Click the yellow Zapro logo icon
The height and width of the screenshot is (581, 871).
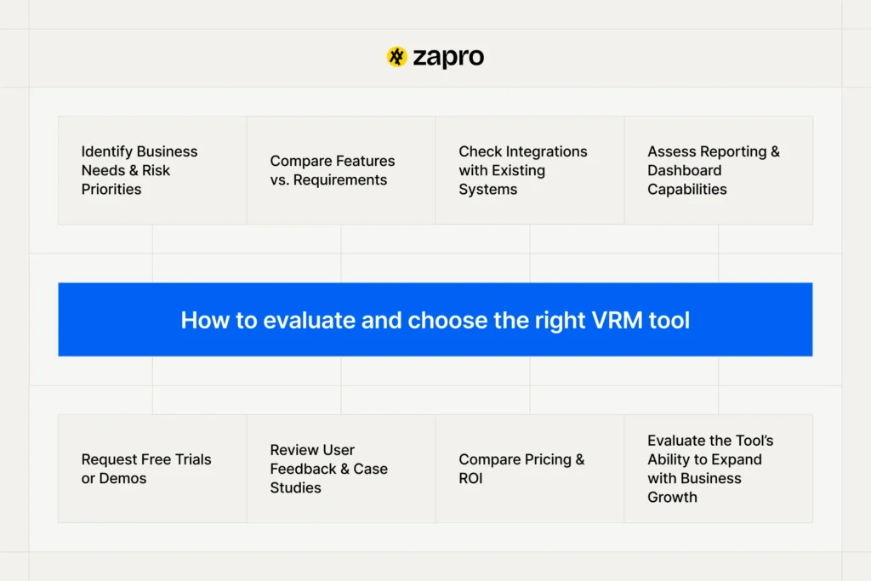coord(396,57)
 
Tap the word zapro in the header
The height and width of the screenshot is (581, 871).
coord(448,57)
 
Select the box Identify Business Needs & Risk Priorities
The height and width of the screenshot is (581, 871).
coord(152,170)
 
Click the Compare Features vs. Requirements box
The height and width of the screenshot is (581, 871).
coord(341,170)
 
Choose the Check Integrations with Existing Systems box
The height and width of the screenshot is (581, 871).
coord(530,170)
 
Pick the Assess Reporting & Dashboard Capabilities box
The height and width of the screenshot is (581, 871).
coord(719,170)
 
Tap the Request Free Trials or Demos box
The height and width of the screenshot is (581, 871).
coord(152,469)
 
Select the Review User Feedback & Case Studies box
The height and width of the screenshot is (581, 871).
coord(341,469)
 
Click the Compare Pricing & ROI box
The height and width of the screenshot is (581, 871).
coord(530,469)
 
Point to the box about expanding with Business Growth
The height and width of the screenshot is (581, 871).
coord(719,469)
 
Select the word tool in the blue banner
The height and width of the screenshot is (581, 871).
coord(669,320)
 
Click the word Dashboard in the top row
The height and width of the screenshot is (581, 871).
coord(684,170)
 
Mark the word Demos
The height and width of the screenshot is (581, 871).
coord(123,478)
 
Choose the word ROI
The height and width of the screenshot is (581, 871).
coord(470,478)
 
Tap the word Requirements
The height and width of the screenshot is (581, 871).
coord(340,179)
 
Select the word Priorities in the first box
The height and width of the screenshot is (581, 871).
coord(111,189)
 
